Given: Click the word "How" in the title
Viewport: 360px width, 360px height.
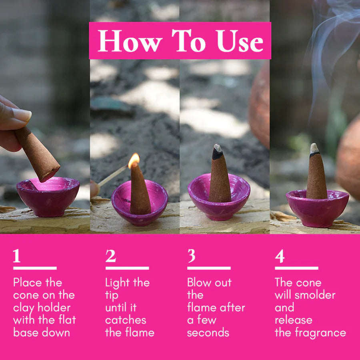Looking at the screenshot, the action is click(x=130, y=41).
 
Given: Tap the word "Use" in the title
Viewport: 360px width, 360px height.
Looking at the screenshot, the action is click(x=240, y=41).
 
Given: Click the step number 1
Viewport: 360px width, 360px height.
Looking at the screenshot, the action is click(x=17, y=256).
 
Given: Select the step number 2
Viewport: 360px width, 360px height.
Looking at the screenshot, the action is click(x=111, y=256).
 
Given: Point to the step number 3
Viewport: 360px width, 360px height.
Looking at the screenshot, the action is click(x=191, y=256).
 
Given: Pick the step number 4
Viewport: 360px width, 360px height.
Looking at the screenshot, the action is click(x=280, y=256).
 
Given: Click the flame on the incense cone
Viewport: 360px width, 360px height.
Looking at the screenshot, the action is click(x=134, y=160).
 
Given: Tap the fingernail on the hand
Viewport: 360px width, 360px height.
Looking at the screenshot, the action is click(x=22, y=114).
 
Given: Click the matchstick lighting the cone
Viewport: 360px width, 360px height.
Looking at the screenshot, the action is click(x=112, y=176).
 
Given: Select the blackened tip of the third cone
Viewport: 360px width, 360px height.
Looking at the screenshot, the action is click(x=217, y=153).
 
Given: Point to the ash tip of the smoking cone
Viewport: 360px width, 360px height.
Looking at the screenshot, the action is click(x=314, y=148).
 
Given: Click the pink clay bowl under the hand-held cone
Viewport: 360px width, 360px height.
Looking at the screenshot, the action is click(x=48, y=197).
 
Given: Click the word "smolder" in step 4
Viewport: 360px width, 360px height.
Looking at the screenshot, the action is click(x=315, y=295).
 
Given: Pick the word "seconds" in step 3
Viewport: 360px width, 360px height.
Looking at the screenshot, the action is click(x=208, y=333).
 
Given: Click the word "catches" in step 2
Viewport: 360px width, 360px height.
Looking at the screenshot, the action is click(x=126, y=320).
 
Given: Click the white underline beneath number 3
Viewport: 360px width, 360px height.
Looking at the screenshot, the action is click(x=209, y=268).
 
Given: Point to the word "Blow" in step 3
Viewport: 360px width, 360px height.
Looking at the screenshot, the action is click(x=199, y=282).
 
